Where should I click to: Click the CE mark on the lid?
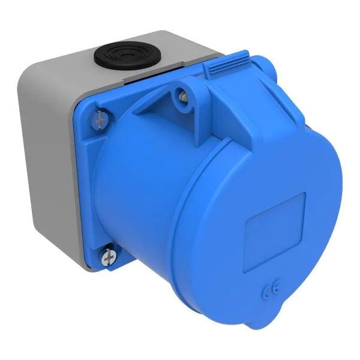click(271, 294)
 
